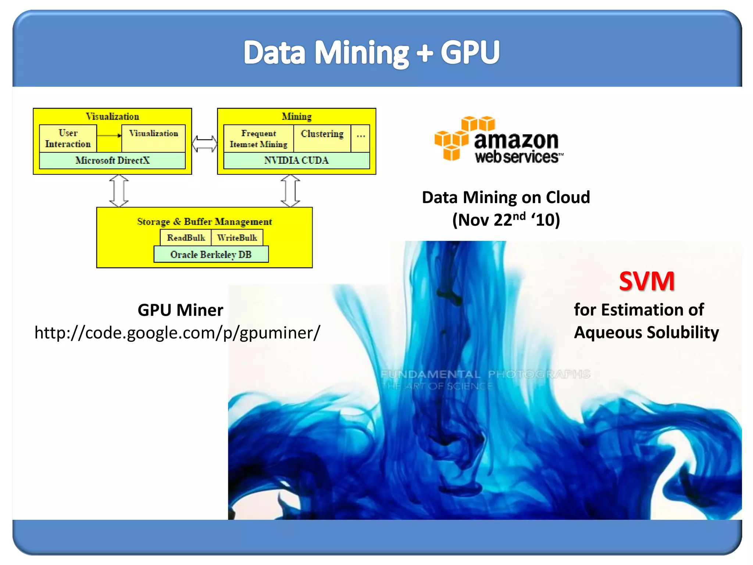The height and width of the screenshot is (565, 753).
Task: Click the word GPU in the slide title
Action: [470, 52]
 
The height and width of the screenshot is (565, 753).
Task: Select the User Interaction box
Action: [68, 138]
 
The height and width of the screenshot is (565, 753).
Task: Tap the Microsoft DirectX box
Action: [112, 160]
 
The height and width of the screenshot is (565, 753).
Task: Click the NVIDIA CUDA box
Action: [296, 160]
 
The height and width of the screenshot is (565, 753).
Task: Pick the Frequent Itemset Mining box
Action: [258, 138]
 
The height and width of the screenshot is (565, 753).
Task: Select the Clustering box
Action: [322, 138]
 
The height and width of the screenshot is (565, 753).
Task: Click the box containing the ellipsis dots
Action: [360, 138]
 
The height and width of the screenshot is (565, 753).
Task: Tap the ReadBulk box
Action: [186, 238]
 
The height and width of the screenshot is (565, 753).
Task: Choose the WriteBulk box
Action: [237, 238]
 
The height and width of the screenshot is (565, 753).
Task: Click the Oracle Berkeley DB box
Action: [211, 255]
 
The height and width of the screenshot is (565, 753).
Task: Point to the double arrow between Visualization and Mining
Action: [204, 143]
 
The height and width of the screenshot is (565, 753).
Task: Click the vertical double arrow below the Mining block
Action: [290, 191]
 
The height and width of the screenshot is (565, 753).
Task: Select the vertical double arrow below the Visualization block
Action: [119, 191]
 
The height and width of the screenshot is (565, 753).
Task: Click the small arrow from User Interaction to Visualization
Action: [109, 135]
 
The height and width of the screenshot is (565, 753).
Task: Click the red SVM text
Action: [646, 281]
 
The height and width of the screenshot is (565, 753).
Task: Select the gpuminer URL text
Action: [177, 333]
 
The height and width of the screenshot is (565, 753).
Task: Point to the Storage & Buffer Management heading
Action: [204, 221]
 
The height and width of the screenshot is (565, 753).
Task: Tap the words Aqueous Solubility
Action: [646, 333]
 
